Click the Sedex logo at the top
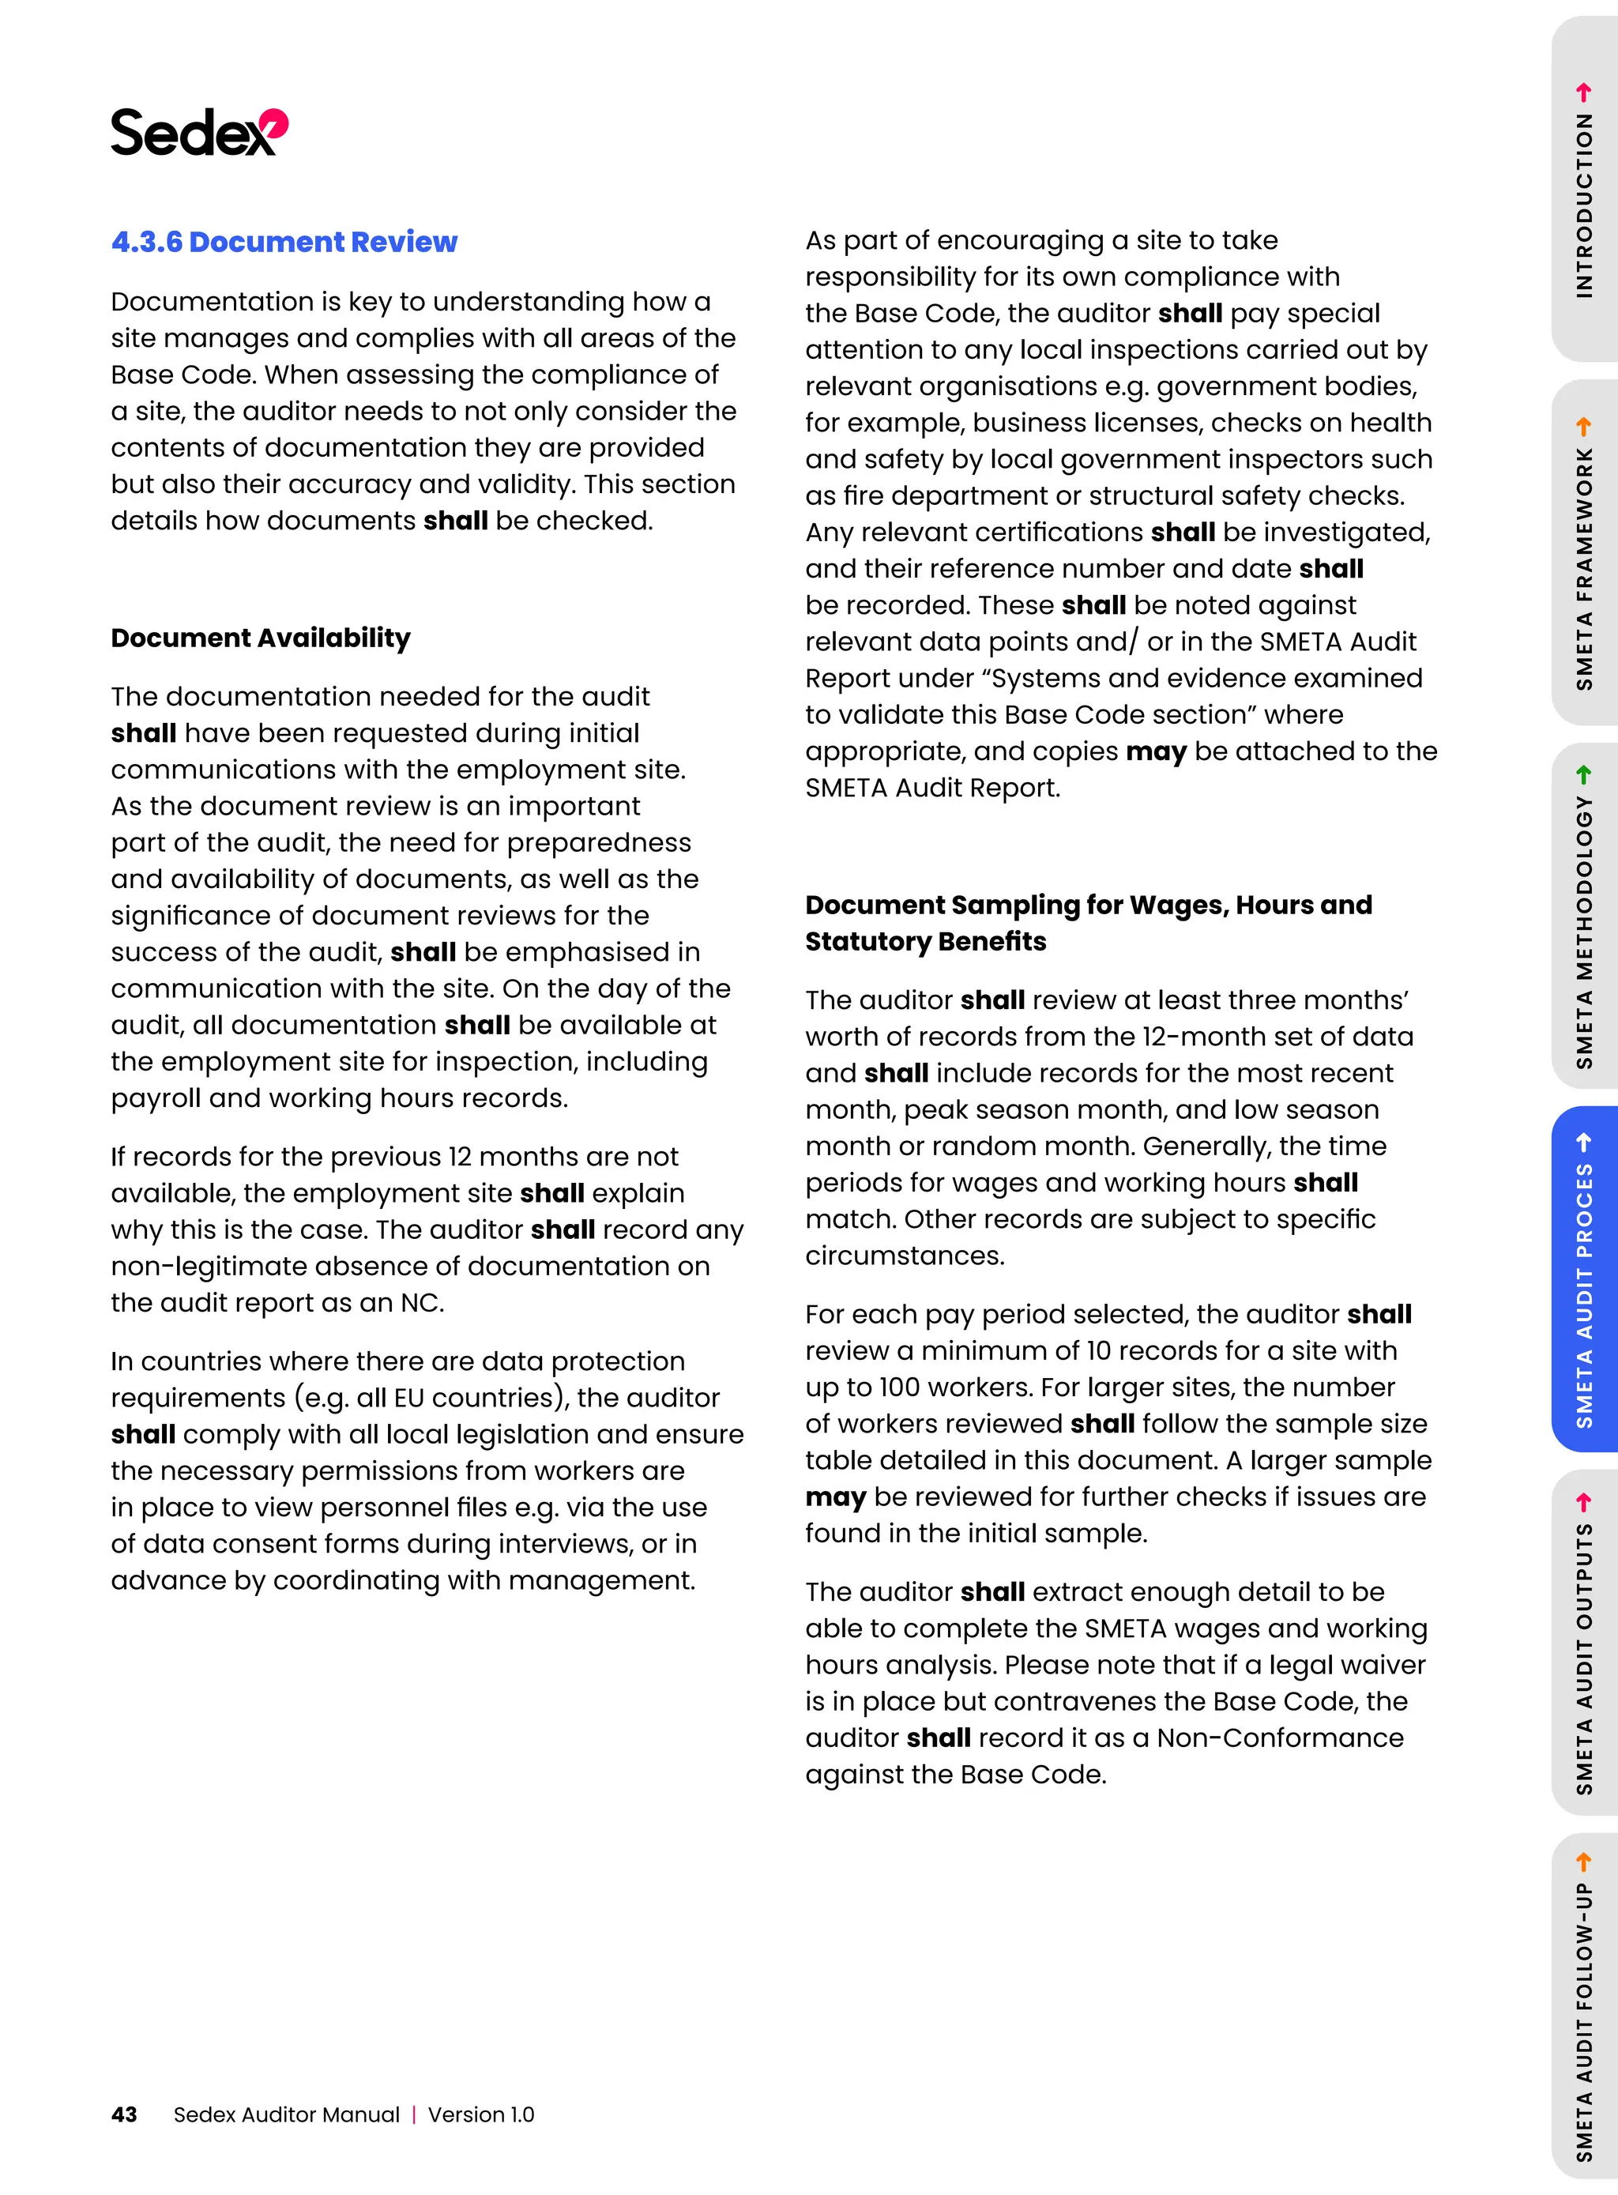tap(199, 132)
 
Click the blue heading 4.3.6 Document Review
tap(284, 242)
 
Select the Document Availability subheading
tap(261, 638)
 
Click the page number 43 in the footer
tap(124, 2114)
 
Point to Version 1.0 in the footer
tap(481, 2114)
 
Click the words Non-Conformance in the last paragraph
tap(1279, 1738)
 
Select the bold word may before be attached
tap(1156, 751)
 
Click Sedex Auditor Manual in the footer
tap(286, 2114)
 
